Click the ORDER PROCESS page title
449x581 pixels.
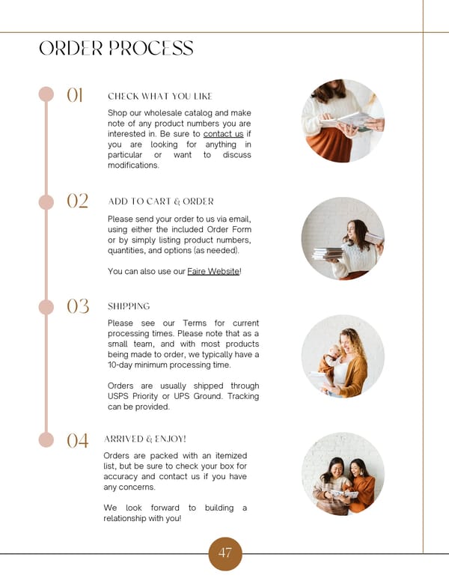point(116,48)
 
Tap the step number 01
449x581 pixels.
point(75,95)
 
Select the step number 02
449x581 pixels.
point(77,201)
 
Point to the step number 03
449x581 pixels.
point(78,306)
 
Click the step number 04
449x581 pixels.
point(78,440)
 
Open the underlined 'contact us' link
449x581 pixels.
point(224,134)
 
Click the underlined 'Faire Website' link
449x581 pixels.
point(213,271)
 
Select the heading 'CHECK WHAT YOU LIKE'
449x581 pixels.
point(160,97)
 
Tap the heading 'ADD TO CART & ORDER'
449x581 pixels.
point(161,201)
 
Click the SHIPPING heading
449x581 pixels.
point(129,306)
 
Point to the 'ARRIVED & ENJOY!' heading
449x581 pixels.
point(145,439)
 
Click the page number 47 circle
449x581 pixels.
point(225,553)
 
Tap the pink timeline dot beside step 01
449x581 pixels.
point(46,94)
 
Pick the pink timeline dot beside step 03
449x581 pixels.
point(46,307)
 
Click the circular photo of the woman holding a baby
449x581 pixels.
point(343,356)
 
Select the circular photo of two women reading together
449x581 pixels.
point(343,474)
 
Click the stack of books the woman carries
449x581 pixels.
point(328,254)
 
